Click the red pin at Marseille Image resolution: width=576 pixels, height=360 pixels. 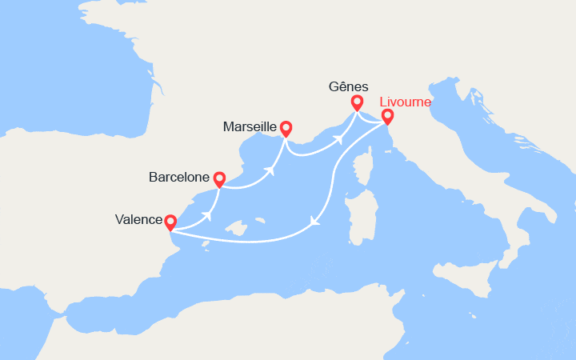(x=285, y=128)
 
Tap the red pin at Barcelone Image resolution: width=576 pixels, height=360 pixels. (x=219, y=179)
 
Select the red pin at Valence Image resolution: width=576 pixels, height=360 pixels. (x=170, y=220)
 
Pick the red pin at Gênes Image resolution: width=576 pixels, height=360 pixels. (x=357, y=102)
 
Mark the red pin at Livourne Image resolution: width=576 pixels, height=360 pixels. (x=387, y=117)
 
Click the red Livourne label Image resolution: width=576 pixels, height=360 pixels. (x=405, y=102)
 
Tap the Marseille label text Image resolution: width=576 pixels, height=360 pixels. (x=250, y=127)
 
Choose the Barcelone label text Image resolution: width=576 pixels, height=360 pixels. (x=179, y=177)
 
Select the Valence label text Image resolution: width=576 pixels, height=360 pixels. (x=138, y=219)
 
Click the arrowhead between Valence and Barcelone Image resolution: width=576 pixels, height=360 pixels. (x=210, y=214)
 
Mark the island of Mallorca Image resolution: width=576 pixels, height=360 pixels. (x=237, y=233)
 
